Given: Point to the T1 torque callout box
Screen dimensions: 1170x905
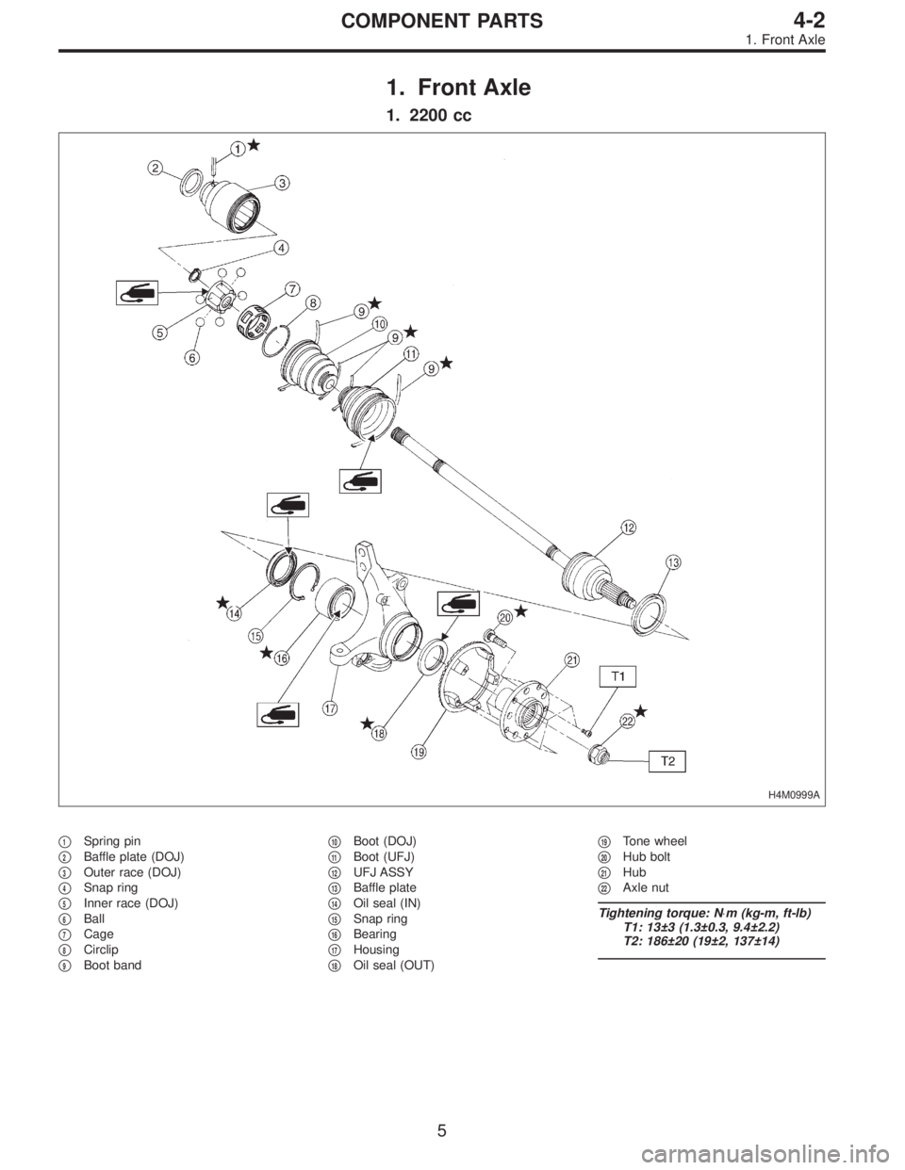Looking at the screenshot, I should pyautogui.click(x=617, y=675).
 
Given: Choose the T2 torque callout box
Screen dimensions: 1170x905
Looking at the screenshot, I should pyautogui.click(x=666, y=759).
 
